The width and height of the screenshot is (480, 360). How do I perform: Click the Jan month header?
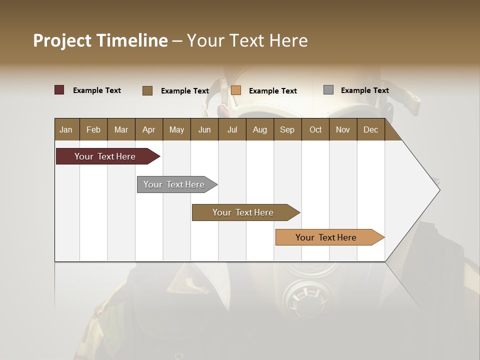[66, 129]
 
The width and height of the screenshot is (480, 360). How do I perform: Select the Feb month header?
[93, 129]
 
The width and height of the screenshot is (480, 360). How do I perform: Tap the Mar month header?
[121, 129]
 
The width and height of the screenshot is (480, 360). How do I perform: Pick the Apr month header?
[149, 129]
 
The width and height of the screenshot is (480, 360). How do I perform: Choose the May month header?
[176, 129]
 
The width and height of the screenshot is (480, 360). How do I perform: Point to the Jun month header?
[204, 129]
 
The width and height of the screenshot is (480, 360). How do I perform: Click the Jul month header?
[232, 129]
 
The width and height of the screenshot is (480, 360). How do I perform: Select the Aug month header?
[260, 129]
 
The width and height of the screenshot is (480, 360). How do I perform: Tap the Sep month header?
[287, 129]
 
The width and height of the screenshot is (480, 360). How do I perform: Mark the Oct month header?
[315, 129]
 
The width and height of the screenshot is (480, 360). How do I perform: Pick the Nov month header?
[343, 129]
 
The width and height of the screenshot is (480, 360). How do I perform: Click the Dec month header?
[371, 129]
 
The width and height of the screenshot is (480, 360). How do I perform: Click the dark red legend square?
[59, 90]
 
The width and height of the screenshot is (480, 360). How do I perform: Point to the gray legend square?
[328, 90]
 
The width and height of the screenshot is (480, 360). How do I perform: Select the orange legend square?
[236, 90]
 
